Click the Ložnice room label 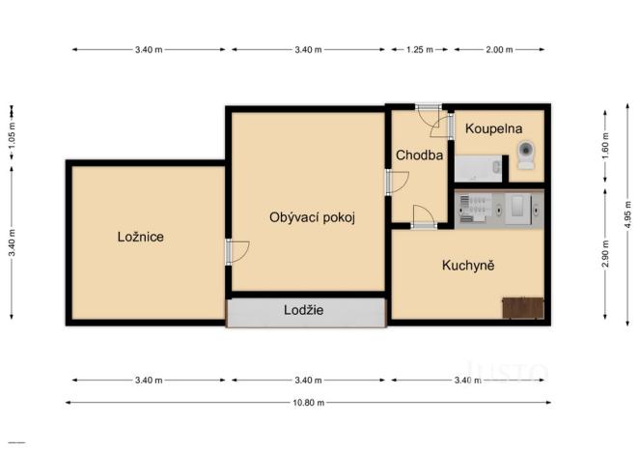coord(140,237)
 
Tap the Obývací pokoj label coord(312,217)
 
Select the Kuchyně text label coord(468,266)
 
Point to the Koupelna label coord(495,128)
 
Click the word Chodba coord(419,155)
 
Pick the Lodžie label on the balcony coord(303,311)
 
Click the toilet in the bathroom coord(526,155)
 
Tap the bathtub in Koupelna coord(479,172)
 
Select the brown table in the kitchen coord(523,308)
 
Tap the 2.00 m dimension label coord(498,48)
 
